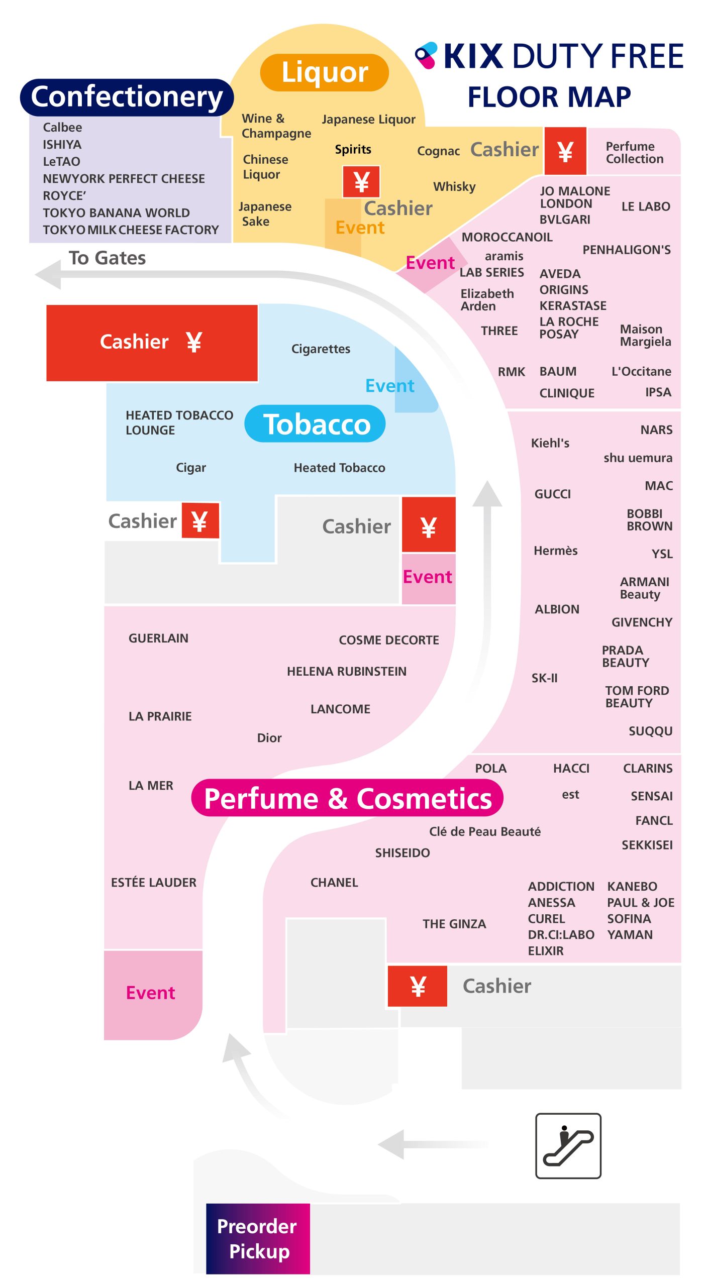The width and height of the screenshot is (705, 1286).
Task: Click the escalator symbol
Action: pyautogui.click(x=568, y=1145)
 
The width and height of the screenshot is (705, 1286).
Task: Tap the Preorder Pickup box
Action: pyautogui.click(x=257, y=1238)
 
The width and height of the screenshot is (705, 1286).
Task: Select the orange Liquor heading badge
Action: pyautogui.click(x=324, y=72)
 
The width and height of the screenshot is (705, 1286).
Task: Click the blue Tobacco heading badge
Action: pyautogui.click(x=316, y=424)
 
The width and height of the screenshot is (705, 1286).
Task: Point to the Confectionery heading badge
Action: pyautogui.click(x=127, y=96)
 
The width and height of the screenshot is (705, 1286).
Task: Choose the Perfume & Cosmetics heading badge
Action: pyautogui.click(x=347, y=798)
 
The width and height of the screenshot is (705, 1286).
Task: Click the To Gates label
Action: pyautogui.click(x=107, y=258)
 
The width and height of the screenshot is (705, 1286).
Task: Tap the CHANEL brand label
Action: pyautogui.click(x=334, y=883)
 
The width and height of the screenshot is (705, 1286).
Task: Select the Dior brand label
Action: pyautogui.click(x=269, y=738)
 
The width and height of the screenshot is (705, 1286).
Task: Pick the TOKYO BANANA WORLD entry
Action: pyautogui.click(x=116, y=213)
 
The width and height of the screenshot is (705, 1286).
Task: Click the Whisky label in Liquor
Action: pyautogui.click(x=454, y=187)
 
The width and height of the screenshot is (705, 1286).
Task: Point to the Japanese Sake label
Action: pyautogui.click(x=264, y=214)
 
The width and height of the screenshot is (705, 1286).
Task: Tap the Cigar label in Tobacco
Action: pyautogui.click(x=191, y=468)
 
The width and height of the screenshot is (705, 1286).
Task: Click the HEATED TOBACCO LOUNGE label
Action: pyautogui.click(x=179, y=422)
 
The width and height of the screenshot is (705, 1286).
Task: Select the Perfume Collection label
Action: pyautogui.click(x=634, y=153)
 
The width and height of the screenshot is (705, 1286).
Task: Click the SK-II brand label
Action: pyautogui.click(x=545, y=678)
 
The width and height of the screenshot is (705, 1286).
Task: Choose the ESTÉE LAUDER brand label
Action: pyautogui.click(x=154, y=883)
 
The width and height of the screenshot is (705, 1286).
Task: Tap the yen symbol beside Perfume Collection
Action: pyautogui.click(x=565, y=151)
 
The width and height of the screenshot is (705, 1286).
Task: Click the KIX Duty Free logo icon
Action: pyautogui.click(x=426, y=55)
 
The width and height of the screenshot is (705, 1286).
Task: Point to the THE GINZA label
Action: pyautogui.click(x=454, y=924)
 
